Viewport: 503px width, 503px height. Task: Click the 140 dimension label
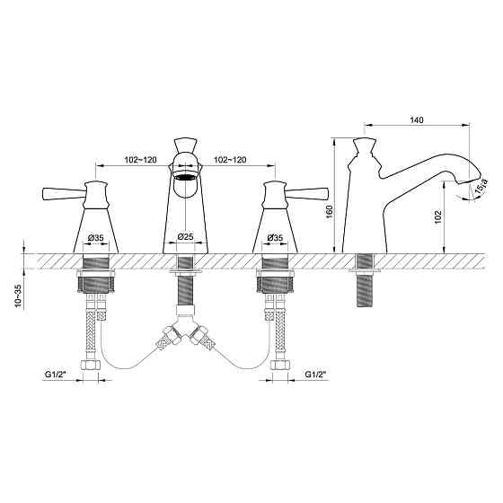click(x=417, y=120)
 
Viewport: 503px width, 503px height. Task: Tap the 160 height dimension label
click(x=330, y=212)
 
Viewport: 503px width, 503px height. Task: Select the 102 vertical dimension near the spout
click(x=437, y=217)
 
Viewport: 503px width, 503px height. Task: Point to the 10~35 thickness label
click(x=19, y=296)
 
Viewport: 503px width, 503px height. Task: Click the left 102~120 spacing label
click(x=140, y=160)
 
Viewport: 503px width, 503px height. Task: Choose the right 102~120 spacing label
click(x=230, y=160)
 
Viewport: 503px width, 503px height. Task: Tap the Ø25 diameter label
click(x=185, y=237)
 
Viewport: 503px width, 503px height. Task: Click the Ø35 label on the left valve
click(x=95, y=238)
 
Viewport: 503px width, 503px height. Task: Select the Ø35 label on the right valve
click(x=275, y=238)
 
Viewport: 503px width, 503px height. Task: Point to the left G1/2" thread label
click(x=54, y=375)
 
